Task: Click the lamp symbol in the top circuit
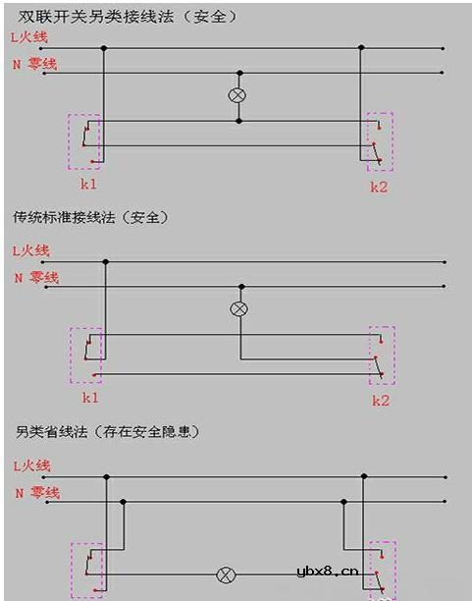point(236,96)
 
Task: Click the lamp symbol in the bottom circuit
point(226,574)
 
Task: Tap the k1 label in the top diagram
point(88,184)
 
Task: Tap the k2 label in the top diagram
point(379,187)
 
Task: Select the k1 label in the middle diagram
point(89,398)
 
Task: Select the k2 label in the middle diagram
point(381,401)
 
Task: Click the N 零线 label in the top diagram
point(34,64)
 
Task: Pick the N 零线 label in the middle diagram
point(36,278)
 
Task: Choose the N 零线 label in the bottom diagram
point(36,492)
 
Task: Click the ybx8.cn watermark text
point(327,573)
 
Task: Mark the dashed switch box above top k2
point(380,141)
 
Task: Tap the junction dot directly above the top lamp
point(236,73)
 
